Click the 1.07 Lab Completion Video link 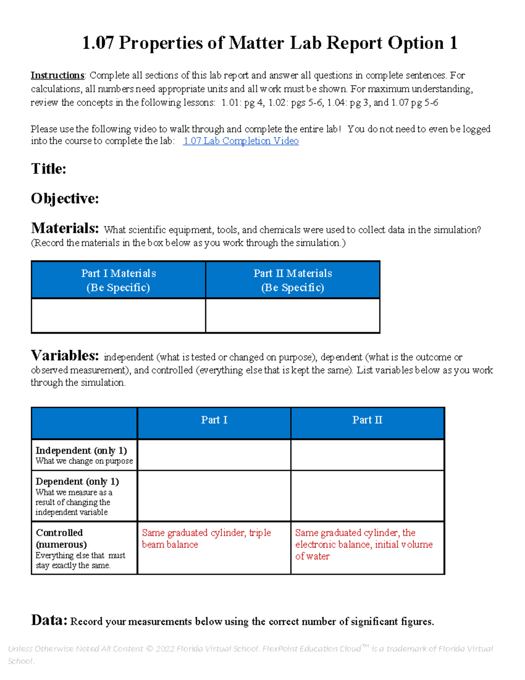241,141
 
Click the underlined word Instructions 57,75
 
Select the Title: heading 49,169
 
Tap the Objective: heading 65,198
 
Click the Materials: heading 65,228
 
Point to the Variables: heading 65,355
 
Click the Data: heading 49,620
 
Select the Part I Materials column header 119,280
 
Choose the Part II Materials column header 293,280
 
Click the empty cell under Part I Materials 119,316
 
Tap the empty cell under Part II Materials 293,316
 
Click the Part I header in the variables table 214,420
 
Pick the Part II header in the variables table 367,420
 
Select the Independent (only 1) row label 81,451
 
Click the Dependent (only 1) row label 77,482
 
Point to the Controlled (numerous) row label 61,539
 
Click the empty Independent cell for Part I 214,455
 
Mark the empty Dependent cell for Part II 367,496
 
